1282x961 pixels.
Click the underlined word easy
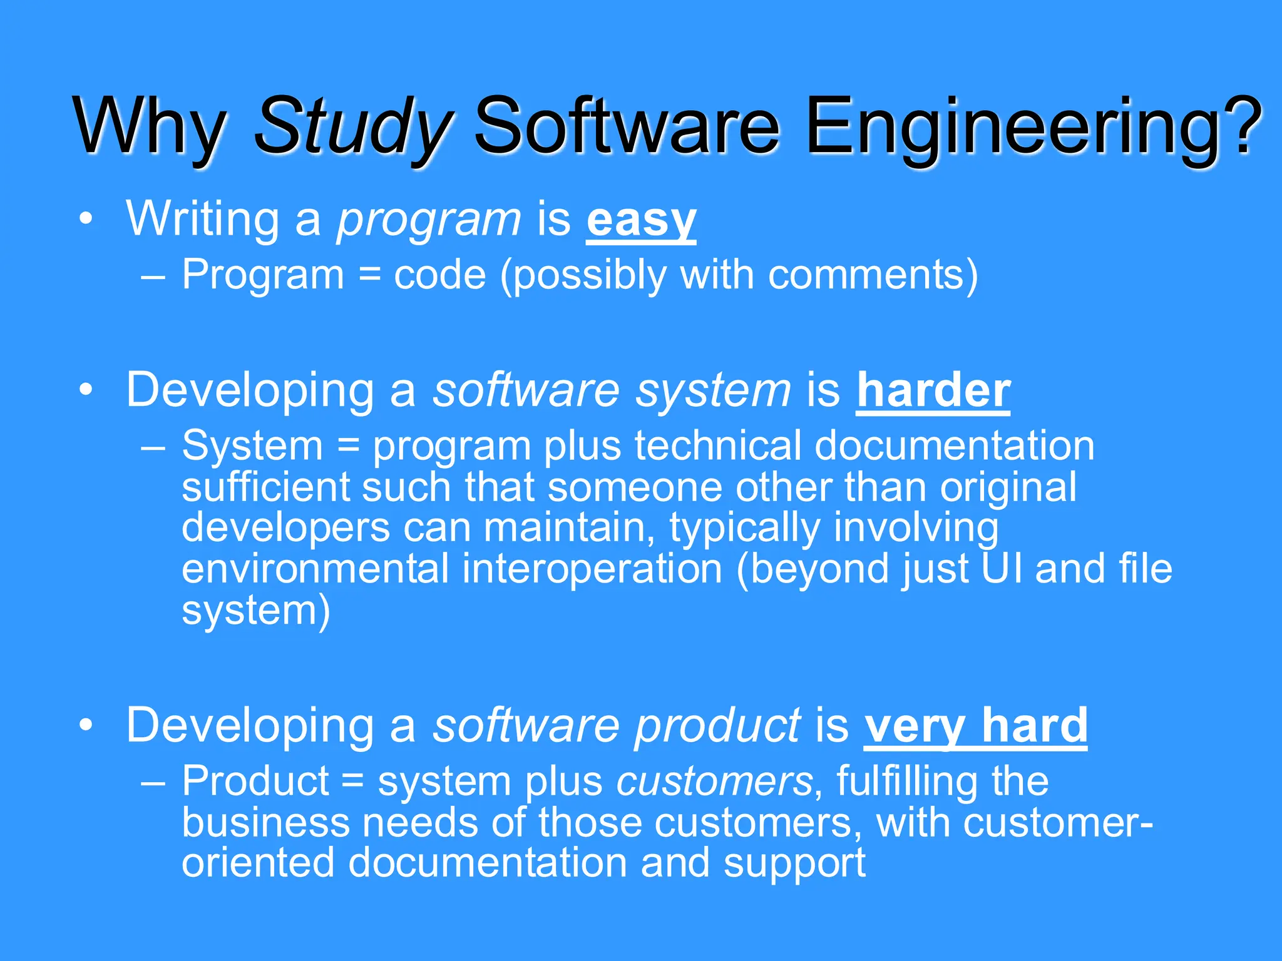641,221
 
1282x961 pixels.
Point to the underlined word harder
933,391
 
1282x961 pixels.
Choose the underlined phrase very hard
975,726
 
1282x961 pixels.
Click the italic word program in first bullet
429,221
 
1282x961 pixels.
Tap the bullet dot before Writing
86,219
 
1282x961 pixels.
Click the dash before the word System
153,448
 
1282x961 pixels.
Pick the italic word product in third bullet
717,726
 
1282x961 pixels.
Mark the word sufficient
265,487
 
